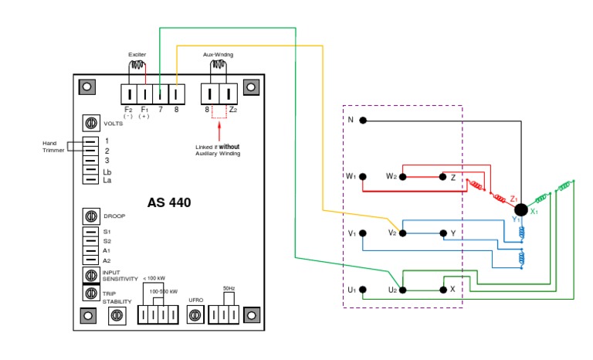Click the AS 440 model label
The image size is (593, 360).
169,203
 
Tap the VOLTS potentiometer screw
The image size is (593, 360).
90,124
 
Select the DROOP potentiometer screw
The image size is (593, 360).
90,216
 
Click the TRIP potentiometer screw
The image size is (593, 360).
90,293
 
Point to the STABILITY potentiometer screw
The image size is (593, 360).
118,314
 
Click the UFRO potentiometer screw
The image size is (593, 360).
195,314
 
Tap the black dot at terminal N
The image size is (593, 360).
362,121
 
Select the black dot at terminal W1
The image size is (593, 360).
362,177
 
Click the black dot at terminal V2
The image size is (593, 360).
402,233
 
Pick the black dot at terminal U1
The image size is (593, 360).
362,290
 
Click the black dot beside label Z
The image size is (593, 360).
442,177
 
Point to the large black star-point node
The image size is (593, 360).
521,209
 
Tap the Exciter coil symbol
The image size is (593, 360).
137,66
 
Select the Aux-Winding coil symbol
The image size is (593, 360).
218,66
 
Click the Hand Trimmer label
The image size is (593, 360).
54,146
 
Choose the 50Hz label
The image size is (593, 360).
229,288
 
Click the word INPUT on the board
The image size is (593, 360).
112,272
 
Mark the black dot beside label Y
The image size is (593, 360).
442,233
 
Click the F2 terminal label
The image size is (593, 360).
129,110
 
